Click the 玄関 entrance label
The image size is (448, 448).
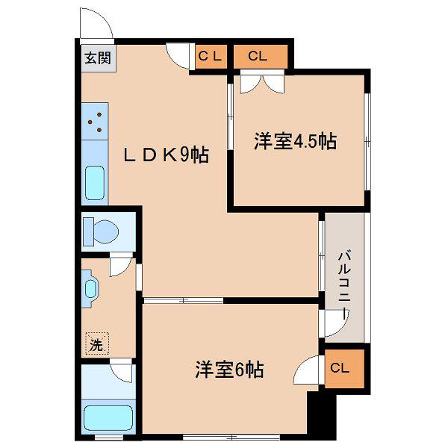pos(98,58)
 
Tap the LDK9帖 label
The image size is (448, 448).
pos(166,155)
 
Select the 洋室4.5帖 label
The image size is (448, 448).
pos(295,141)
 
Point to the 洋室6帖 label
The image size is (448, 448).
pos(229,370)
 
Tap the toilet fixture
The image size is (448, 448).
pos(101,231)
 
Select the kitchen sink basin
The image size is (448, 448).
pos(95,183)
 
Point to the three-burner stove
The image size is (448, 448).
pos(95,122)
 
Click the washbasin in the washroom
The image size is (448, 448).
pos(90,288)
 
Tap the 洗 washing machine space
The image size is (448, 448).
pos(97,343)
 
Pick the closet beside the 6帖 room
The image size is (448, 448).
pos(344,369)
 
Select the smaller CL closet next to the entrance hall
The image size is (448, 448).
pos(211,57)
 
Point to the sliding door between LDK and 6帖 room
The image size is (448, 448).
pos(183,300)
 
